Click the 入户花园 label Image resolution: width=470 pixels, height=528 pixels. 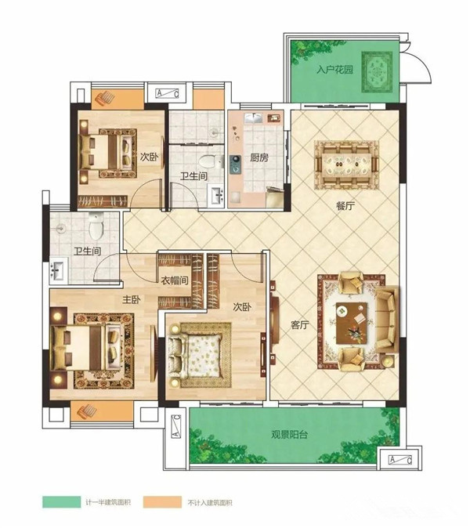click(334, 70)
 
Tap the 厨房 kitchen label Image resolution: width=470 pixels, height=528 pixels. click(259, 157)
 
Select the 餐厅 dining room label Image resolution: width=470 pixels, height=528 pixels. click(345, 205)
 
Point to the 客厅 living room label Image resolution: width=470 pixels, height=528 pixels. click(300, 325)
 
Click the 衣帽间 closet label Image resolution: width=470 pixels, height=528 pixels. click(175, 280)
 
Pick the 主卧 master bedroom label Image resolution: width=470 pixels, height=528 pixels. click(132, 299)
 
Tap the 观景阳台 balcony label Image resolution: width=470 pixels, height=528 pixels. click(290, 435)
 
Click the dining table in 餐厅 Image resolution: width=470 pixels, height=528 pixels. click(346, 165)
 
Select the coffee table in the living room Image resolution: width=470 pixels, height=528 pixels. click(352, 323)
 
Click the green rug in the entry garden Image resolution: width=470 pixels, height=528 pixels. click(377, 72)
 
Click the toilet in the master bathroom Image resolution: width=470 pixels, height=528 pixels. click(96, 226)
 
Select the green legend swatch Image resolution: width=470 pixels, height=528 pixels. click(62, 501)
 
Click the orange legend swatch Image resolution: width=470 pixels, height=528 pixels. click(162, 501)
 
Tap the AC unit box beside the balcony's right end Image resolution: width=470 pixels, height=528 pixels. click(400, 459)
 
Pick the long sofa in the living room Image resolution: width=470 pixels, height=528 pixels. click(387, 319)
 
